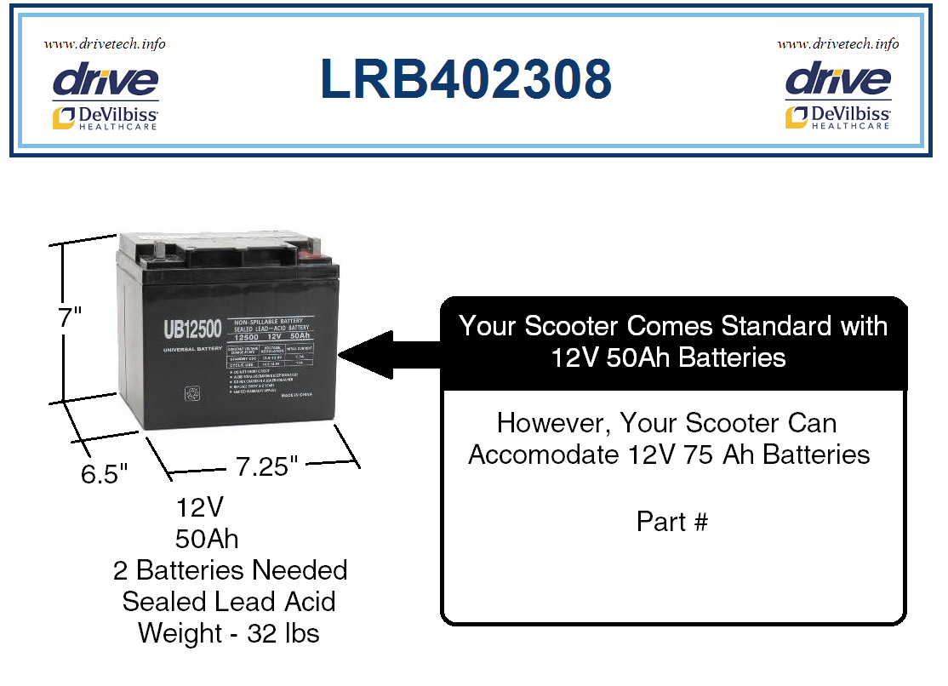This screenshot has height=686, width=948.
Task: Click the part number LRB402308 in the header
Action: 466,79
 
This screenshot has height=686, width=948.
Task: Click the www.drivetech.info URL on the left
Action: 105,43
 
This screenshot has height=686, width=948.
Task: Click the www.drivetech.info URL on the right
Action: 837,43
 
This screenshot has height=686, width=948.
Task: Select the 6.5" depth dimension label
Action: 104,473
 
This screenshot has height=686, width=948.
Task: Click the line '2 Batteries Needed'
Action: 230,570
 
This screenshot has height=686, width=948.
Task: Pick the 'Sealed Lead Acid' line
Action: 229,602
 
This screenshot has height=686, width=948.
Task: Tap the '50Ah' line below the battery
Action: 207,539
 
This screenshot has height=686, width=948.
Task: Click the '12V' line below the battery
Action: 200,507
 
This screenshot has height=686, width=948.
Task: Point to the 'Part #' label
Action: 671,521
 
